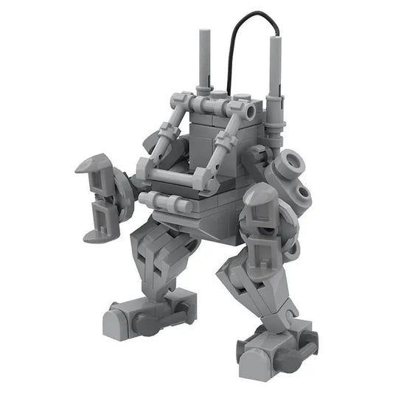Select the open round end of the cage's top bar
coord(248,111)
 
